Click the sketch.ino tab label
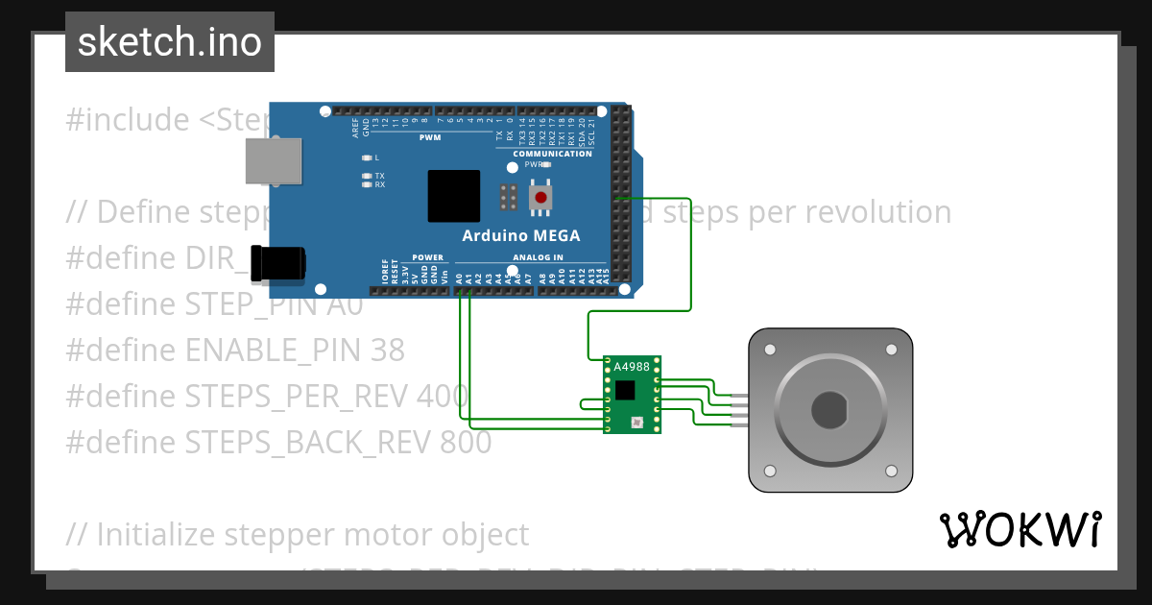(x=170, y=42)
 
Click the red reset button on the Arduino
(x=541, y=198)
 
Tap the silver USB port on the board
(x=273, y=160)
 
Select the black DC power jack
(x=278, y=264)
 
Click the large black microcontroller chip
(x=454, y=196)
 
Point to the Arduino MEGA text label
(x=521, y=236)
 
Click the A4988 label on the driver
(x=631, y=367)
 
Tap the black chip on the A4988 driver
(x=626, y=389)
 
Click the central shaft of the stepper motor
(x=829, y=411)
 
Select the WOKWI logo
(x=1020, y=529)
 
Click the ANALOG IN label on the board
(x=538, y=257)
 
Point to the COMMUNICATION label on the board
(x=552, y=154)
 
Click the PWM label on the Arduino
(x=429, y=137)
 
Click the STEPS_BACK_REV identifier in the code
(x=307, y=443)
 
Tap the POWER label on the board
(x=428, y=257)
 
